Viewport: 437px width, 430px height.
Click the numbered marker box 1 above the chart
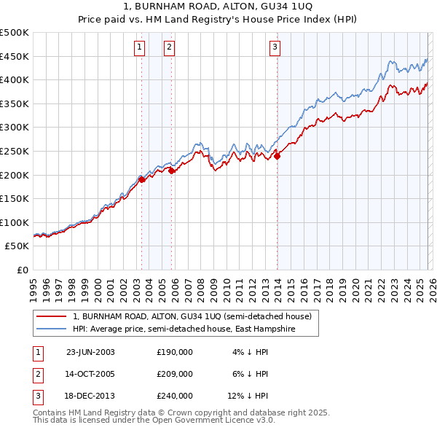click(139, 48)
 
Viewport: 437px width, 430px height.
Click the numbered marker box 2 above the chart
click(169, 48)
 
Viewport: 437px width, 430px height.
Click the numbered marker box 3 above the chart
click(275, 48)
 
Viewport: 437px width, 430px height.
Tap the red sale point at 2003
click(141, 179)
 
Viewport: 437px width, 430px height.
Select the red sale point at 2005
click(171, 170)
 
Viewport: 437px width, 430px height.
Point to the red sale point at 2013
click(277, 155)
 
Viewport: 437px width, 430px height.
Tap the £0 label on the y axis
click(22, 270)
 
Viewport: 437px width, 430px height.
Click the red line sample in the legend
click(51, 316)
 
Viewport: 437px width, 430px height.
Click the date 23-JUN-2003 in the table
click(90, 352)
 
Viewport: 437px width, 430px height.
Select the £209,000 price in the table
click(175, 374)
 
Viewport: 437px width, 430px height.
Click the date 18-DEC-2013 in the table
click(90, 396)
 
